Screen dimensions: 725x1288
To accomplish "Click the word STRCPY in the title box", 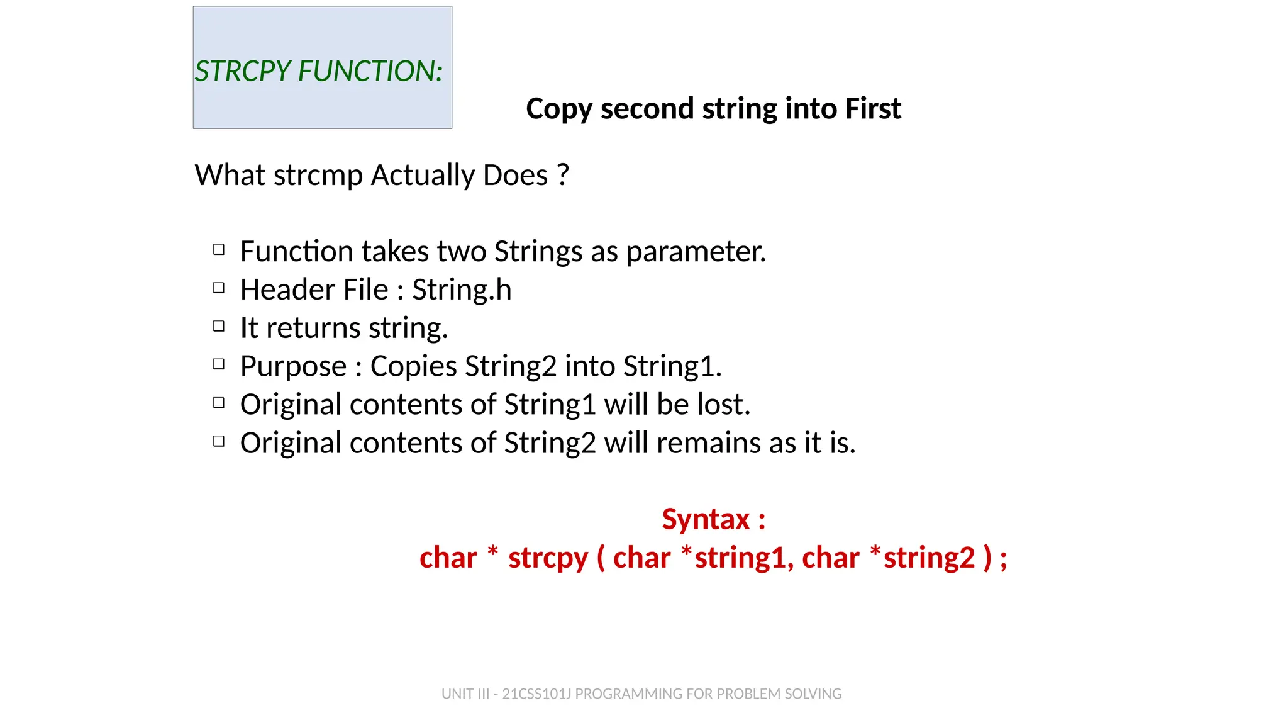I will tap(243, 71).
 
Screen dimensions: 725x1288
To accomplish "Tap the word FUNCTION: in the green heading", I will tap(370, 71).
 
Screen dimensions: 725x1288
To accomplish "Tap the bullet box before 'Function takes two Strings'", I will tap(219, 250).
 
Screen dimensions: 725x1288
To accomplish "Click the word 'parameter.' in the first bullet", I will tap(696, 252).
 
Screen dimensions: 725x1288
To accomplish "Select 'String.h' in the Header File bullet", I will tap(462, 290).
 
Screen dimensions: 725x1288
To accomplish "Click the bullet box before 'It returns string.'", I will tap(219, 326).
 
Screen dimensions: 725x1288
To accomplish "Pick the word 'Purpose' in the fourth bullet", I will tap(293, 367).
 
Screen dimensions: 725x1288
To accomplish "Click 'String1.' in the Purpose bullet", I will tap(672, 367).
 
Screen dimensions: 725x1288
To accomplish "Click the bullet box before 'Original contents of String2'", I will tap(219, 441).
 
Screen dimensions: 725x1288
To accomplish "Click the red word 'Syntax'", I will tap(706, 520).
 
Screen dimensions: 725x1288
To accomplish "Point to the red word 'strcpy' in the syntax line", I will tap(548, 558).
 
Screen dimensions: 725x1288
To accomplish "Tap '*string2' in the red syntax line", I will tap(922, 558).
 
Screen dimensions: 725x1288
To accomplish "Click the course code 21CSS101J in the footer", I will tap(536, 694).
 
